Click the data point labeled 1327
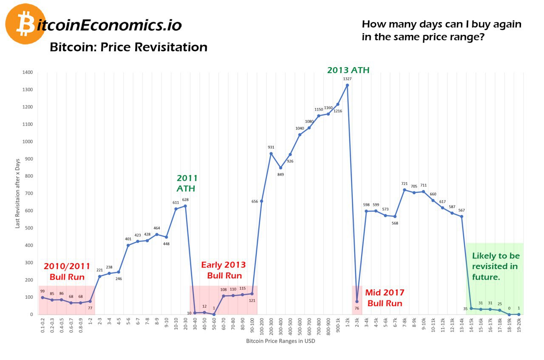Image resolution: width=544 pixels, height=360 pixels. click(x=347, y=85)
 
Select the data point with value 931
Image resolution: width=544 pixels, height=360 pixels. click(x=271, y=153)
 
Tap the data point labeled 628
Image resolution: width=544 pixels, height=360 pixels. click(x=185, y=206)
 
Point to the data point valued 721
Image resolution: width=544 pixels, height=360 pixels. click(x=404, y=190)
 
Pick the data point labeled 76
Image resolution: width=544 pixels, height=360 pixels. click(x=357, y=301)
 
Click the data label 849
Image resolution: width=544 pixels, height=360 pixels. click(x=280, y=174)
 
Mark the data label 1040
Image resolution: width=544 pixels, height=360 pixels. click(x=299, y=128)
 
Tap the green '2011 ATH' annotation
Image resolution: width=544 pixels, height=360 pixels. click(x=187, y=183)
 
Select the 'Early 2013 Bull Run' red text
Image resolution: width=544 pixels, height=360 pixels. click(x=224, y=270)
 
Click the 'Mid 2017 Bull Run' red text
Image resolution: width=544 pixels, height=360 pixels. click(x=385, y=298)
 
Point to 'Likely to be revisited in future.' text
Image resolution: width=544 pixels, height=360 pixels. click(x=496, y=266)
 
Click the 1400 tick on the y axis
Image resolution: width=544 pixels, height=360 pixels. click(x=27, y=72)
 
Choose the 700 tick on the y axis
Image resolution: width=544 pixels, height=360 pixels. click(x=28, y=193)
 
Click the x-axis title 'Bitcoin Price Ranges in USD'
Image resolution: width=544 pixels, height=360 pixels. click(x=280, y=341)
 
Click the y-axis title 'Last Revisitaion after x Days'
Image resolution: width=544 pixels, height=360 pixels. click(x=17, y=194)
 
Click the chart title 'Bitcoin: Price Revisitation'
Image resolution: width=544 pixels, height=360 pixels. click(x=128, y=47)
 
